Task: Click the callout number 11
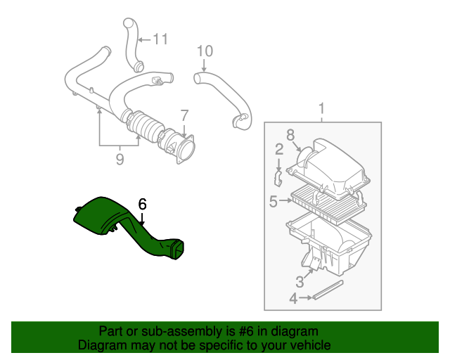(x=161, y=39)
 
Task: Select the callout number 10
(x=204, y=51)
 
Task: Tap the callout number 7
(x=184, y=115)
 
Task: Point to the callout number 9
(x=120, y=160)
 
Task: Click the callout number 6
(x=142, y=204)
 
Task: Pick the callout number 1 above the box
(x=322, y=109)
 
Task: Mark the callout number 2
(x=279, y=148)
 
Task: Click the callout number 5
(x=273, y=202)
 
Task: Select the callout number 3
(x=299, y=282)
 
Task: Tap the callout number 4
(x=293, y=299)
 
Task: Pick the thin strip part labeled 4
(x=329, y=290)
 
